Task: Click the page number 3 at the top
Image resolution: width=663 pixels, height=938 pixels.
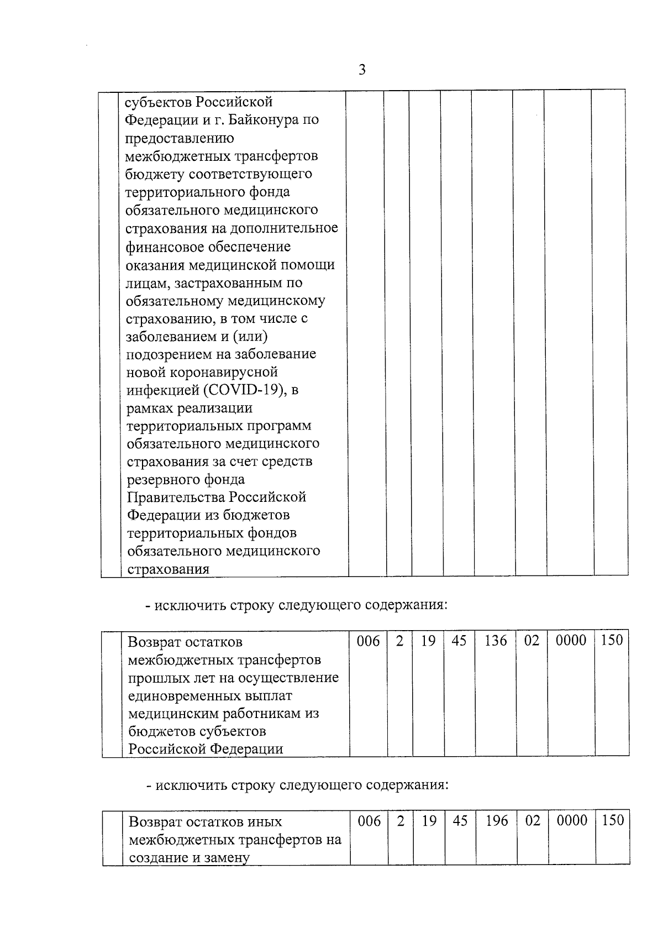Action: (x=362, y=70)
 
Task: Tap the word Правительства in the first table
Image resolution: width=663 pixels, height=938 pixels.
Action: (x=176, y=497)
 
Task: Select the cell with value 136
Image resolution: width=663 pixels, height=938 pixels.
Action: (x=496, y=641)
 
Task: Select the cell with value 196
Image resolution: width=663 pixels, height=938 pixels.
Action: (x=497, y=821)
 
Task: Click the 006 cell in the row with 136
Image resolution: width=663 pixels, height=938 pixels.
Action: (x=369, y=641)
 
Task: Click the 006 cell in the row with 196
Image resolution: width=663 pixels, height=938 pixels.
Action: (x=370, y=821)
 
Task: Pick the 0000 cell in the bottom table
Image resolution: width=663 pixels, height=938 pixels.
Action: (x=572, y=821)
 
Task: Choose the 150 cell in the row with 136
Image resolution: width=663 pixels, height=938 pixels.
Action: (x=612, y=641)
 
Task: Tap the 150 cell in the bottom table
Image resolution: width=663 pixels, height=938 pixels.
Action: (x=613, y=820)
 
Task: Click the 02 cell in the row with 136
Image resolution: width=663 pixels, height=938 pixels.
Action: (x=532, y=641)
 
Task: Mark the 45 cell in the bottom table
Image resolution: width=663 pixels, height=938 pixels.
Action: (x=460, y=821)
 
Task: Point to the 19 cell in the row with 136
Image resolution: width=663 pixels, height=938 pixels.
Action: (x=428, y=641)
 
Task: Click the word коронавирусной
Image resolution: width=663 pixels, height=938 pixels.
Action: (x=227, y=373)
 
